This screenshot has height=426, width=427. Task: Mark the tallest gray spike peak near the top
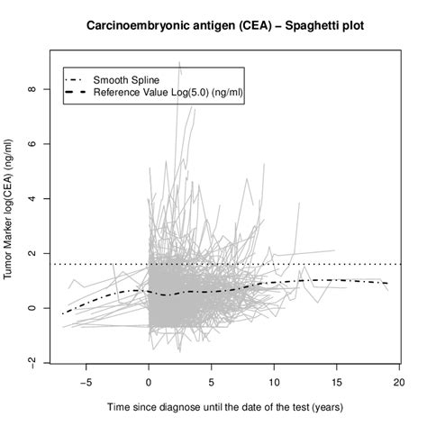(x=179, y=63)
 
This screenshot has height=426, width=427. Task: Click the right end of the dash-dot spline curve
(x=388, y=284)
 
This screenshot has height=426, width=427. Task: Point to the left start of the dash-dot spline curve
(x=63, y=313)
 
